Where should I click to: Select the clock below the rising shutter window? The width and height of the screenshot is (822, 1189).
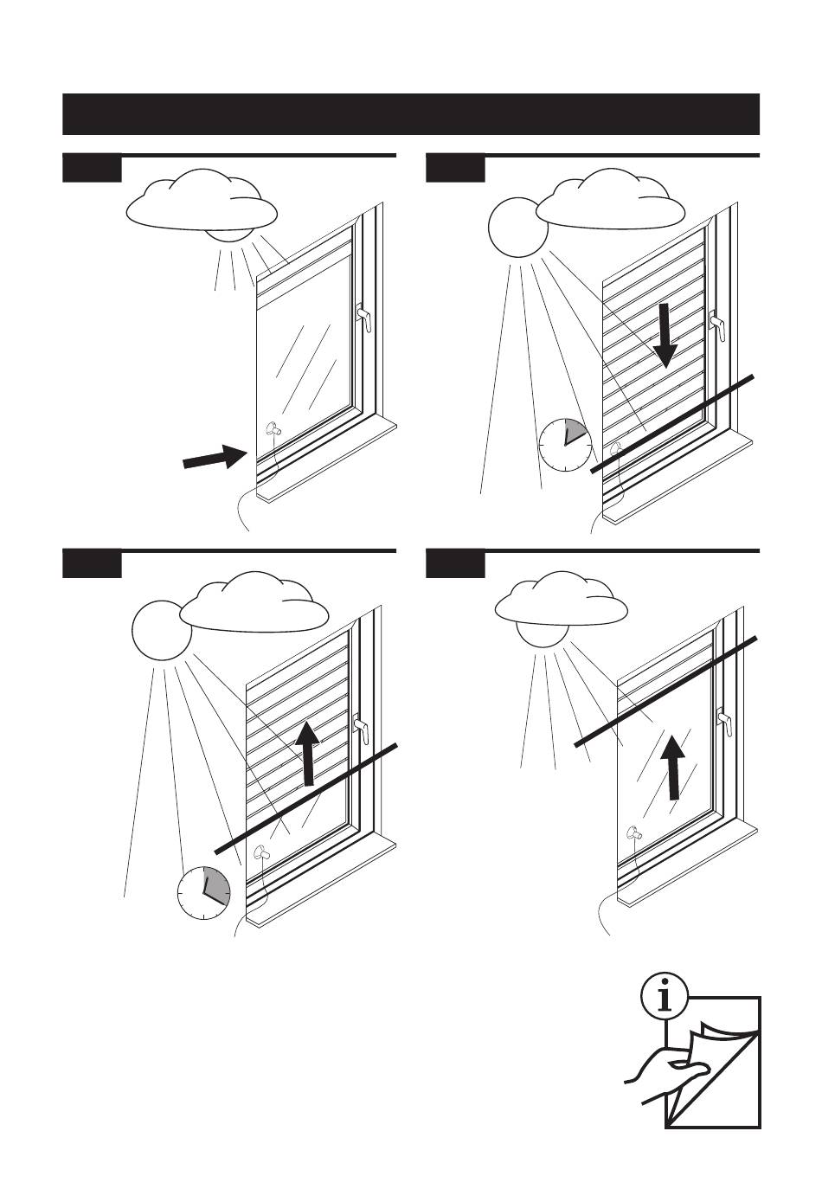click(x=204, y=890)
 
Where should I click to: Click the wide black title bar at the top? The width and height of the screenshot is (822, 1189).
click(x=411, y=114)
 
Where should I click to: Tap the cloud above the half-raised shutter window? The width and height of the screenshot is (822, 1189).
click(x=255, y=604)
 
